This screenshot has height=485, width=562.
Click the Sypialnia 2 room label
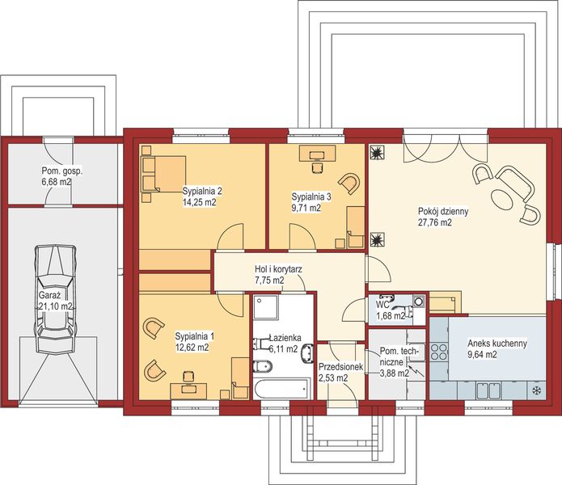click(201, 191)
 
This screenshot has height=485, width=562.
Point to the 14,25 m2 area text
click(199, 202)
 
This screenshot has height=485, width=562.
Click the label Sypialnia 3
click(312, 196)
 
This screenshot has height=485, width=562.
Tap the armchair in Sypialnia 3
click(349, 183)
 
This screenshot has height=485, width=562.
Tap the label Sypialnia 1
click(195, 335)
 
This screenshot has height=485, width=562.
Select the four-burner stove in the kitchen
click(439, 352)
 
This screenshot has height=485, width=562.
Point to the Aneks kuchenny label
click(497, 343)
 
